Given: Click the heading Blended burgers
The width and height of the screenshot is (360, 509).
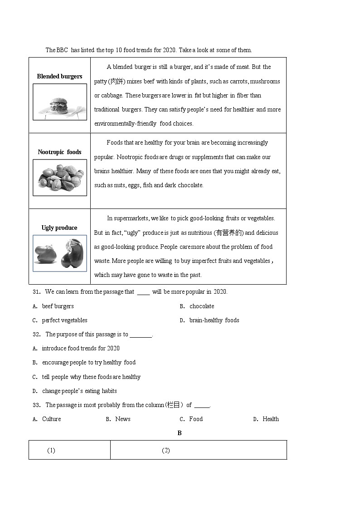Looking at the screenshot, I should click(59, 77).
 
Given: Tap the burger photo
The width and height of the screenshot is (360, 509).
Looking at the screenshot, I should click(60, 102).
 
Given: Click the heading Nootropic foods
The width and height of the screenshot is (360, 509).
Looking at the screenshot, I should click(59, 152).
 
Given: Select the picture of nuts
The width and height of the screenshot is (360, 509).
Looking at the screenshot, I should click(60, 178).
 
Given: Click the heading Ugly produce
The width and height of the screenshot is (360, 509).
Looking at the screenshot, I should click(59, 228).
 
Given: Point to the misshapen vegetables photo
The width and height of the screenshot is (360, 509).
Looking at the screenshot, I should click(60, 253).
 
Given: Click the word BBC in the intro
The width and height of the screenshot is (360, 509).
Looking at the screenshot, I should click(63, 50).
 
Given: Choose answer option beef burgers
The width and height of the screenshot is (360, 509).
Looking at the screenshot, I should click(58, 306).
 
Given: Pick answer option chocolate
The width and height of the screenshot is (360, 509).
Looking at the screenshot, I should click(202, 306).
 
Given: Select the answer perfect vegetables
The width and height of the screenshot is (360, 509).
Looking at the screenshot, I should click(64, 320).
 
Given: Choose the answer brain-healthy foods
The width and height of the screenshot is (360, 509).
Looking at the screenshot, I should click(214, 320).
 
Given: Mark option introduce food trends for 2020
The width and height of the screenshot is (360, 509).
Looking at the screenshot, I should click(81, 349).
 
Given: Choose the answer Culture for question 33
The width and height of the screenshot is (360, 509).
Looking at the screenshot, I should click(51, 419).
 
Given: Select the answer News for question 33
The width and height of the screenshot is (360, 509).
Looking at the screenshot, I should click(122, 419).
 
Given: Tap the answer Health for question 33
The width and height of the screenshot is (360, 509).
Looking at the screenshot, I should click(271, 419).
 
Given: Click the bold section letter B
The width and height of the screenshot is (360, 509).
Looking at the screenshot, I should click(180, 433).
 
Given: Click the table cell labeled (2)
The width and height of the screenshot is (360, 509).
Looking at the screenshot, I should click(166, 451).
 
